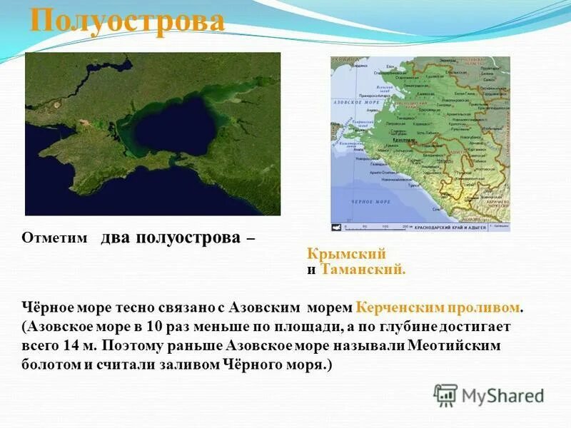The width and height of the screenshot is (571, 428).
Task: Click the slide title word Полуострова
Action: coord(128,21)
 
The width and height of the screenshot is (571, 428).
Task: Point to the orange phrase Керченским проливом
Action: coord(438,307)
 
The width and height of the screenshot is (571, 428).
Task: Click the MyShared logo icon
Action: coord(445,395)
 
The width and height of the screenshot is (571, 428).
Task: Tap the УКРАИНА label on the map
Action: coord(343,60)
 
